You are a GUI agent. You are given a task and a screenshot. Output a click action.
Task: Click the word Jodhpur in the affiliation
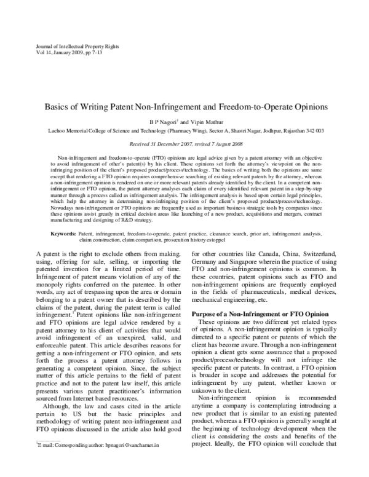click(276, 131)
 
